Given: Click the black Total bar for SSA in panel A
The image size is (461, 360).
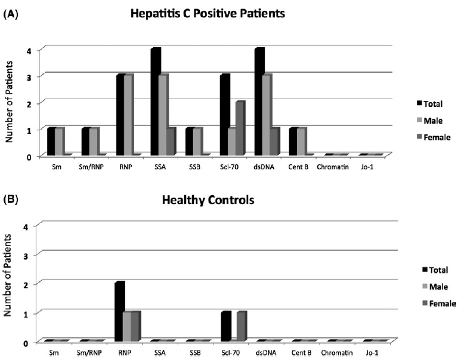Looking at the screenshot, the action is point(156,101).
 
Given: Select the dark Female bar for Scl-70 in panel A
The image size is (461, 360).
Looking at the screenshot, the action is point(240,128).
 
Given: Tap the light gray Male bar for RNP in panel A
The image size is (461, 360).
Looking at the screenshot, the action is point(129,115).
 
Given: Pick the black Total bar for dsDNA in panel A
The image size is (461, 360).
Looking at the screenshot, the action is point(259,101).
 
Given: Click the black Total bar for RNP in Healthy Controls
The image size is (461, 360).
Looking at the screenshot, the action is point(120,312).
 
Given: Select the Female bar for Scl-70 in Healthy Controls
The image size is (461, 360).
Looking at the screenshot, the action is point(242,327).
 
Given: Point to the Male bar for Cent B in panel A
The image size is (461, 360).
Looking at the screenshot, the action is point(302,141).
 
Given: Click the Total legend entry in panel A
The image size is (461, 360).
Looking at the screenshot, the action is point(429,104).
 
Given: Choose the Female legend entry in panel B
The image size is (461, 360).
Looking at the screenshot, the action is point(440,303).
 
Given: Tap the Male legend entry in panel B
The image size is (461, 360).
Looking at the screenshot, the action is point(435,287).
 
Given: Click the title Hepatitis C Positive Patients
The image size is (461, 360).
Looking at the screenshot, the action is point(208,14).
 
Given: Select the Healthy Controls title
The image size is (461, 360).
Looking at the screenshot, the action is point(208,200).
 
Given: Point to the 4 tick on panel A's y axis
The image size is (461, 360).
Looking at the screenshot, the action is point(29,51).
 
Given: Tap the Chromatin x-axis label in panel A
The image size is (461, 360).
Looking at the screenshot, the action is point(333,167).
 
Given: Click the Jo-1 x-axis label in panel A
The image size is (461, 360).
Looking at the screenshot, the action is point(367,167).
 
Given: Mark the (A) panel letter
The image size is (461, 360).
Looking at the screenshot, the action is point(11,14).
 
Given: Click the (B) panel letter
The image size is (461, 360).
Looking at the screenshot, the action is point(11,199).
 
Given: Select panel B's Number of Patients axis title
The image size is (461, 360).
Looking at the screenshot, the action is point(8,275).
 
